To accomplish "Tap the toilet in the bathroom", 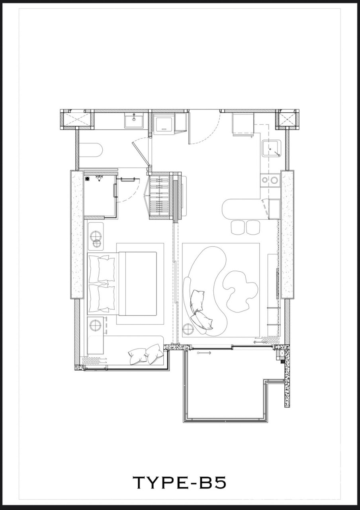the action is click(90, 150).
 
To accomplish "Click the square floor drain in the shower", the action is click(87, 179).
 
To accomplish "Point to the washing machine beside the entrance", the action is click(163, 125).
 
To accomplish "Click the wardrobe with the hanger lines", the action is click(160, 196).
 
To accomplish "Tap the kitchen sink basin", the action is click(271, 149).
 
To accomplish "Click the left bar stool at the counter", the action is click(238, 227).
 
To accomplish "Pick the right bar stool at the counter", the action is click(253, 227).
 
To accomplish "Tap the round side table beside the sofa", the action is click(188, 329).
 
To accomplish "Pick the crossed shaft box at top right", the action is click(288, 119).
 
